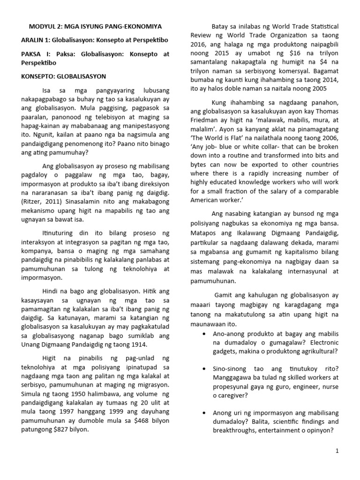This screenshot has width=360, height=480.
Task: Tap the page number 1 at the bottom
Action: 336,451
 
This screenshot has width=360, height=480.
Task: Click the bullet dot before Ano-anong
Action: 205,334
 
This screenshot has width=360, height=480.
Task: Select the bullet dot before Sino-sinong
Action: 205,369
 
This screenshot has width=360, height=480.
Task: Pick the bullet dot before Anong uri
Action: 205,413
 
